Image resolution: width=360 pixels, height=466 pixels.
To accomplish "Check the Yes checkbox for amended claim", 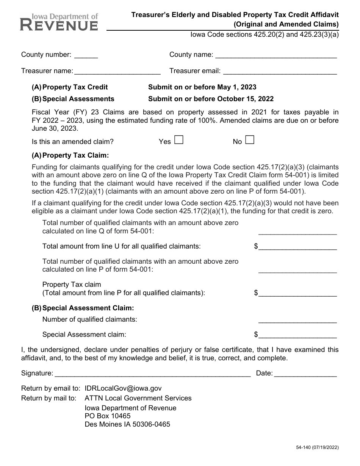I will (x=179, y=140).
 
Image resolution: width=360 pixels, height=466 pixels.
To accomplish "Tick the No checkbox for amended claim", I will (x=249, y=140).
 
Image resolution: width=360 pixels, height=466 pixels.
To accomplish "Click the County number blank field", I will (x=86, y=55).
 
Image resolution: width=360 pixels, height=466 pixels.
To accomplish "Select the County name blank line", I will (x=276, y=55).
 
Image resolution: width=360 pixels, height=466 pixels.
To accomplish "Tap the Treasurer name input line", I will (x=117, y=71).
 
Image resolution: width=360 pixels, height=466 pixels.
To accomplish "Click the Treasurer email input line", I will (x=280, y=71).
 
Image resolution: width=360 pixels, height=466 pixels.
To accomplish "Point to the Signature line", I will (x=153, y=374).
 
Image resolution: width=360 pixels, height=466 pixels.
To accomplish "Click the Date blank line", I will (x=305, y=374).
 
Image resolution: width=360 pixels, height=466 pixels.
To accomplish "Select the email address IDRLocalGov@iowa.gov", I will (x=123, y=388).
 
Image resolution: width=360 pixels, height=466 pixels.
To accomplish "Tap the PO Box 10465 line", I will (x=108, y=416).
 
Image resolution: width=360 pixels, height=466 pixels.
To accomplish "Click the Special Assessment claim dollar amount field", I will (x=298, y=335).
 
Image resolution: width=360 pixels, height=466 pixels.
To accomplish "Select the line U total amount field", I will (x=298, y=247).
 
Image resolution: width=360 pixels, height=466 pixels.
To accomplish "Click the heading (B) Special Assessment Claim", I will (x=83, y=308).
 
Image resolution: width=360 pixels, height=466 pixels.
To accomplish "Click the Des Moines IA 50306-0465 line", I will (x=127, y=424).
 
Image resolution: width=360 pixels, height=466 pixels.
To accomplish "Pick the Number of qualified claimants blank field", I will (x=298, y=320).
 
